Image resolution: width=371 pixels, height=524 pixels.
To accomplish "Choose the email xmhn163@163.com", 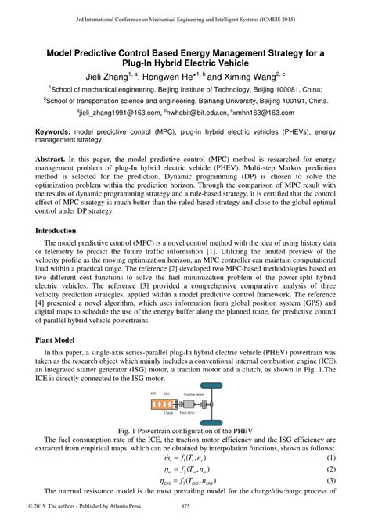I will point(269,113).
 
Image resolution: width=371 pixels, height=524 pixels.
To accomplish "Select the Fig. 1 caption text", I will point(185,430).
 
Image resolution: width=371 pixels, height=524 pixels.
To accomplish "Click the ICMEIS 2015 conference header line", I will point(185,16).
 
